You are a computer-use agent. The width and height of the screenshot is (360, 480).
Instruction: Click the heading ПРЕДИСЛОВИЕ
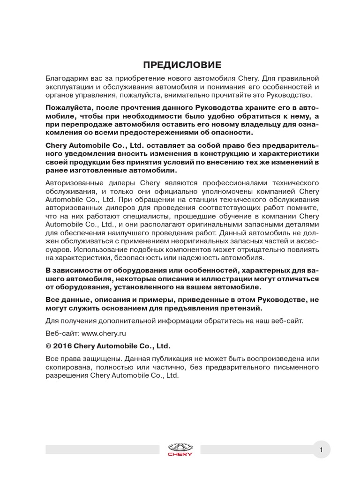point(180,64)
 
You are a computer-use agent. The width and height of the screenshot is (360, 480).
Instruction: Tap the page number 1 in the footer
point(321,450)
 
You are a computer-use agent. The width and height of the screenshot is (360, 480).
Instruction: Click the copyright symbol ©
point(49,346)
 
